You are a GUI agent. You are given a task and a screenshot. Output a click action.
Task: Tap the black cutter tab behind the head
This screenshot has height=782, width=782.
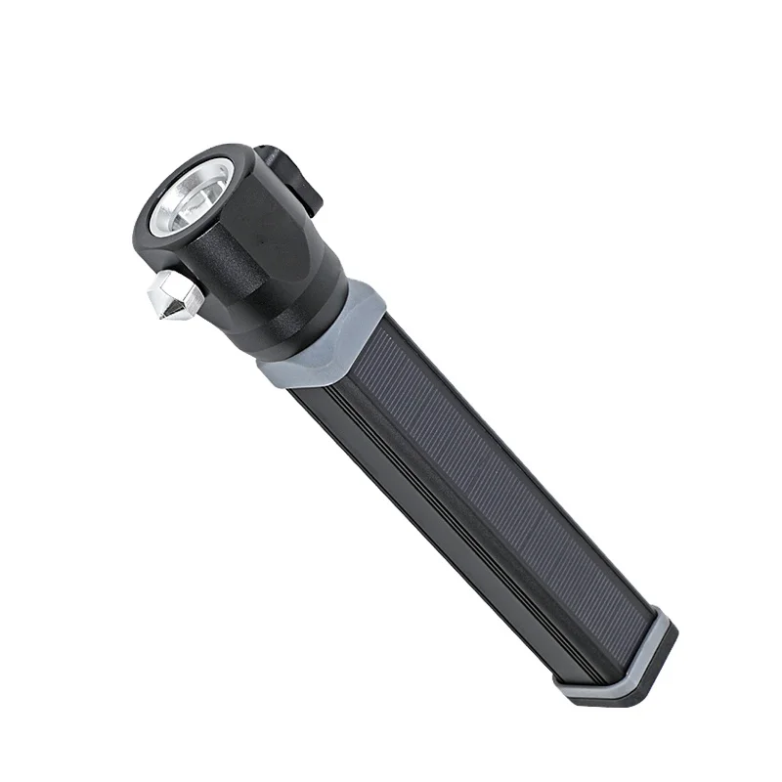tap(293, 176)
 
